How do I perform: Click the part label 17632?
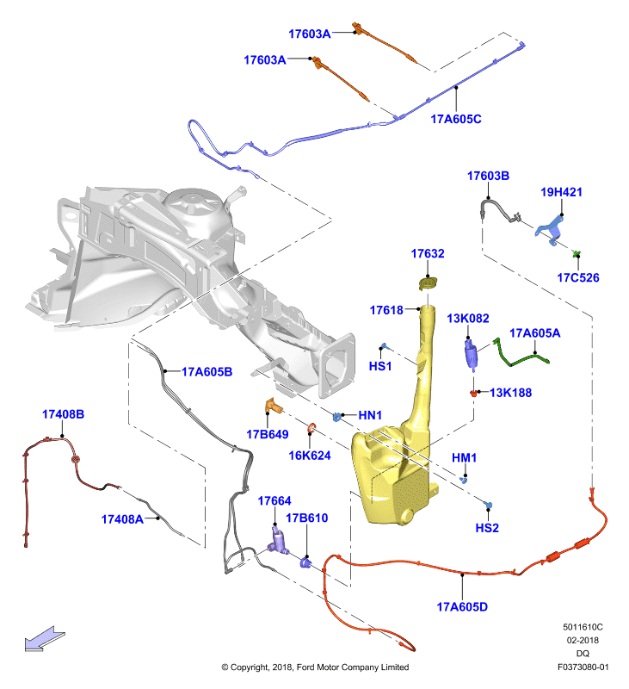(x=427, y=253)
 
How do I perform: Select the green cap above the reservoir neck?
(x=428, y=283)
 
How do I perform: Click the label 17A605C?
(x=456, y=119)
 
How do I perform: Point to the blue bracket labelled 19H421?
(x=551, y=229)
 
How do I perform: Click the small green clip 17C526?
(x=577, y=254)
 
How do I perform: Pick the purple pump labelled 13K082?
(x=471, y=354)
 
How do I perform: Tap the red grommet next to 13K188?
(x=473, y=393)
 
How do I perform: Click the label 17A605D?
(x=462, y=607)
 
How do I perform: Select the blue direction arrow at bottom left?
(x=45, y=639)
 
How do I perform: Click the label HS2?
(x=487, y=528)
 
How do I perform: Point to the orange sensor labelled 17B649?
(x=272, y=406)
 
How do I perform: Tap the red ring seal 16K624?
(x=311, y=427)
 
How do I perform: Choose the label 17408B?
(x=63, y=414)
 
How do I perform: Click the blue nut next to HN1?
(x=336, y=417)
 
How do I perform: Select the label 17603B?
(x=488, y=177)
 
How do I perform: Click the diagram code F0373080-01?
(x=583, y=667)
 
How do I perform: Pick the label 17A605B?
(x=207, y=372)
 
